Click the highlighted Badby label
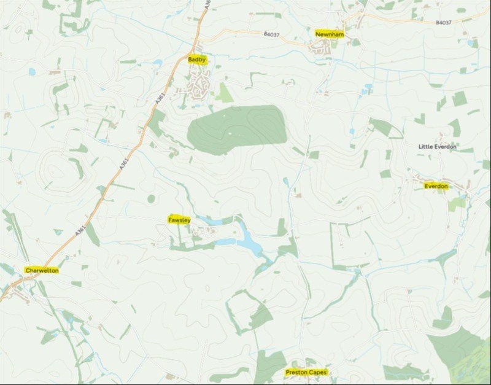(198, 60)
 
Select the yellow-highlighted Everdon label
(436, 185)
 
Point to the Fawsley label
(179, 219)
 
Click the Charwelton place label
(41, 270)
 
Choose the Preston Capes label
(306, 372)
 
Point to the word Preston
(296, 372)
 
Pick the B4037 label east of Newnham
(443, 22)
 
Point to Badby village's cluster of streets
(199, 83)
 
